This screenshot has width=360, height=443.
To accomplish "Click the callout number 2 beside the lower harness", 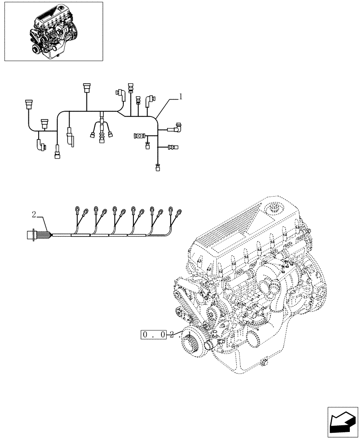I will coord(34,215).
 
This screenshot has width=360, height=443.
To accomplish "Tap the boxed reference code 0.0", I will coord(154,335).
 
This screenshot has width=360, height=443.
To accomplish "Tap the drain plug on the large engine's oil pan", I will coord(266,363).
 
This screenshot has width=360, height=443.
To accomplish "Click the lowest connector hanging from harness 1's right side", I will coord(157,167).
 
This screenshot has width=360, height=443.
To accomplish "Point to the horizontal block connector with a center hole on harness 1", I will coord(140,136).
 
